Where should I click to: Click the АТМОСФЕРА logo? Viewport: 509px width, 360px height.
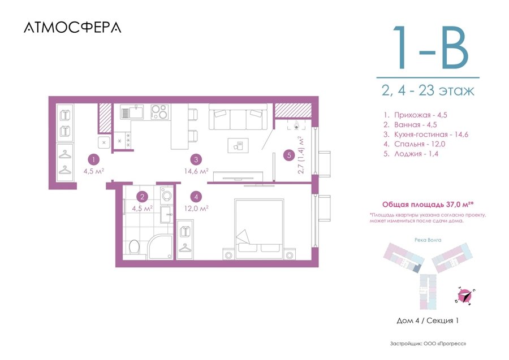72,28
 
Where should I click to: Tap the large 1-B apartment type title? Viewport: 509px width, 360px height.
431,47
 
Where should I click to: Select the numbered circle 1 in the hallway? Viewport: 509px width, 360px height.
93,159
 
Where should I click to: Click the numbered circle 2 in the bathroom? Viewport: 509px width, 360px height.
142,196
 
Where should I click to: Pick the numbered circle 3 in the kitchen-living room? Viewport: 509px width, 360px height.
196,159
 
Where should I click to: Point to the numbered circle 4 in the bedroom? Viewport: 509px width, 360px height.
196,196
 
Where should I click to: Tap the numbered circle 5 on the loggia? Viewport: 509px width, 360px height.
289,155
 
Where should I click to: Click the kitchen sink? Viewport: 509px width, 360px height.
132,111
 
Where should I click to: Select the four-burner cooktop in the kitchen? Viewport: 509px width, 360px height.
159,112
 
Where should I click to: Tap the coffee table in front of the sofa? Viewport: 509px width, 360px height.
238,146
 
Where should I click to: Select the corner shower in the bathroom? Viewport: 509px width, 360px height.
160,247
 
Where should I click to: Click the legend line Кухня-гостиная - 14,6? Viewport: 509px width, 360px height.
426,135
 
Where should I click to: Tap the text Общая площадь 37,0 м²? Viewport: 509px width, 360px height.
428,205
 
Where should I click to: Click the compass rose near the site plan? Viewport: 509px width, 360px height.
464,296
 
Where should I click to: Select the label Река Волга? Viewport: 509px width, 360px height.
428,240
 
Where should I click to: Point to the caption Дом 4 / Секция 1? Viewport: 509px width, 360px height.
428,320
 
